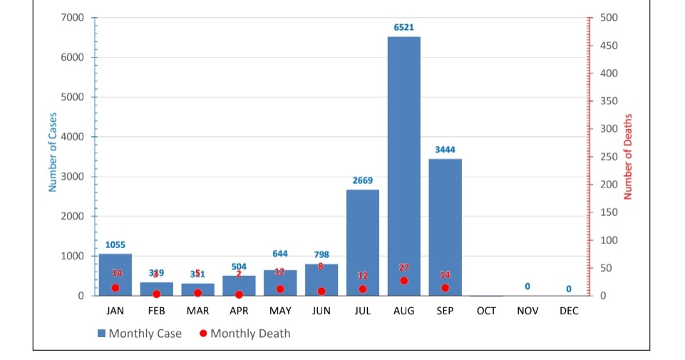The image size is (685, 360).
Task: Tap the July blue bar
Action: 363,242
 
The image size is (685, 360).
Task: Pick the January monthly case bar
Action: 115,274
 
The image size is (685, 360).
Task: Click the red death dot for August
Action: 404,281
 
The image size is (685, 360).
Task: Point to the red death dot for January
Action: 115,288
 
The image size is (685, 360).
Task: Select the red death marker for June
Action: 321,292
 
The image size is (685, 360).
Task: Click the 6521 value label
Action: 404,27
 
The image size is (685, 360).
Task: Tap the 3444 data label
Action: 445,150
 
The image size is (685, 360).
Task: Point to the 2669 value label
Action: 363,180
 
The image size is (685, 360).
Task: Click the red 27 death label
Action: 404,267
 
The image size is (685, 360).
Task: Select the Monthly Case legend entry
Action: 140,334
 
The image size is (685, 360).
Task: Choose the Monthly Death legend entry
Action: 245,334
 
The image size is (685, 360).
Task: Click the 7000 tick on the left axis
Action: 73,17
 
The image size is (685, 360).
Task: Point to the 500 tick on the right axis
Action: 610,17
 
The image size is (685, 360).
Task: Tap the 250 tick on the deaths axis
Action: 610,157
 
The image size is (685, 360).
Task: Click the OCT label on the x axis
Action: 486,311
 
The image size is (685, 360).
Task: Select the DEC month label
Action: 569,311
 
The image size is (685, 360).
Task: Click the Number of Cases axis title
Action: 53,153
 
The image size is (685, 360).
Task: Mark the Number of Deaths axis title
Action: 628,157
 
